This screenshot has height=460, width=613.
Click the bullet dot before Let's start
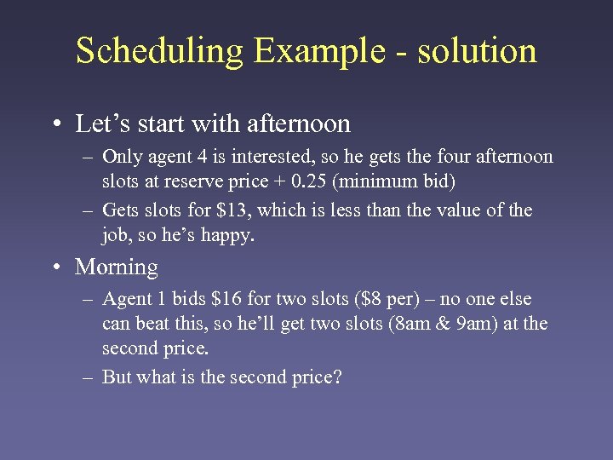pyautogui.click(x=55, y=124)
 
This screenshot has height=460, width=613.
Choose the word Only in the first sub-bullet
pyautogui.click(x=121, y=157)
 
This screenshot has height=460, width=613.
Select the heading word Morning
pyautogui.click(x=117, y=267)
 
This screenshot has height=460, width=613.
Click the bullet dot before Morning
pyautogui.click(x=55, y=267)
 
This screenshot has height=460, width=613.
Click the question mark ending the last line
pyautogui.click(x=336, y=377)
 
